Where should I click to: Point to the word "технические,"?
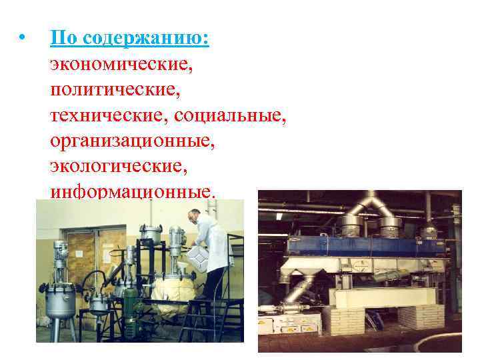coord(109,115)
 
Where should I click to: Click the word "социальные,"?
coord(230,115)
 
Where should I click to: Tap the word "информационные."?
coord(133,191)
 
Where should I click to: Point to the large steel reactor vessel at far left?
coord(59,303)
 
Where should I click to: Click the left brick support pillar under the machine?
coord(343,320)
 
